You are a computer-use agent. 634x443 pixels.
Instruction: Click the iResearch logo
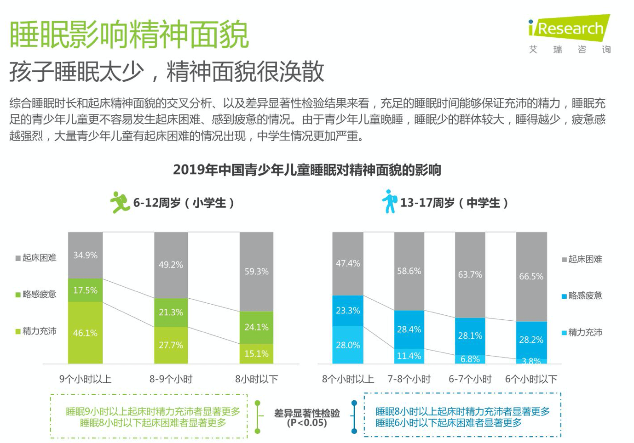click(x=570, y=28)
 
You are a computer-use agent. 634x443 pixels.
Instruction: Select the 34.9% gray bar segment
click(x=85, y=255)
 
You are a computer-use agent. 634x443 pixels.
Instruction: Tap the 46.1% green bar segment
click(x=85, y=333)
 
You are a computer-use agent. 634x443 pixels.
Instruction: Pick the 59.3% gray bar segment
click(x=256, y=271)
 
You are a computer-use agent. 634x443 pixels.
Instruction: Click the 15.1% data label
click(x=256, y=354)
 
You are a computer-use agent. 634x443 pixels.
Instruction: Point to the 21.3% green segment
click(x=171, y=312)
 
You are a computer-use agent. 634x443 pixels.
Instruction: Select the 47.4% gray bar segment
click(x=348, y=263)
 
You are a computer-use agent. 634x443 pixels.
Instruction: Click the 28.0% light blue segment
click(x=348, y=345)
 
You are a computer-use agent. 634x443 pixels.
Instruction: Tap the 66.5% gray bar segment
click(x=531, y=276)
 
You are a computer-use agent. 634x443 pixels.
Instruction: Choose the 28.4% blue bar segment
click(x=409, y=329)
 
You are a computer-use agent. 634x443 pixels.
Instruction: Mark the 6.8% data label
click(x=470, y=359)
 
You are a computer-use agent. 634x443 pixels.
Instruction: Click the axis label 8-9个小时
click(x=171, y=379)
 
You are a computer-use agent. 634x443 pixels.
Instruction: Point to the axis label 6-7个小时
click(x=470, y=379)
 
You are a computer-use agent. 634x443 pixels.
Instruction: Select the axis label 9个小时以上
click(x=85, y=379)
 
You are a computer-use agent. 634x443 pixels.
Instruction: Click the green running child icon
click(x=120, y=202)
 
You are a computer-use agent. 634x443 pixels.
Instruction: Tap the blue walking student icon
click(x=389, y=201)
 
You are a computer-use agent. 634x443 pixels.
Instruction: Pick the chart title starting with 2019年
click(x=307, y=170)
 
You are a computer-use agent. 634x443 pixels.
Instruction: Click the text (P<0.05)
click(x=307, y=423)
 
